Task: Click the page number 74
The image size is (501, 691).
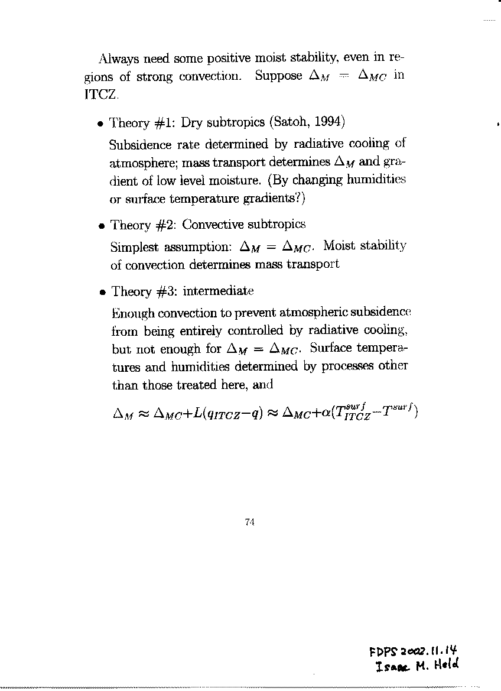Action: [249, 521]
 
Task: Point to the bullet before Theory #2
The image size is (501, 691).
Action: [101, 226]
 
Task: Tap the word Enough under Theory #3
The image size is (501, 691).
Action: [128, 311]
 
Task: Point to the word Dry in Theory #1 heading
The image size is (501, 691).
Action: [191, 123]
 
